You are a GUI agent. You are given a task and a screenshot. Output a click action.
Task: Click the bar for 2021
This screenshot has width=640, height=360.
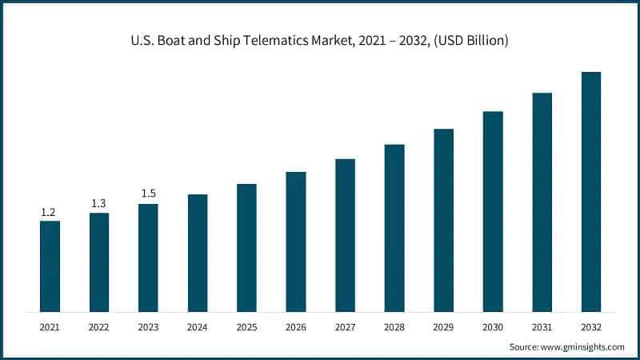pos(50,266)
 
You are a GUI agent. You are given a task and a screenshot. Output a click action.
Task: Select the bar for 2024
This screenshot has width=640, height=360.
pos(198,253)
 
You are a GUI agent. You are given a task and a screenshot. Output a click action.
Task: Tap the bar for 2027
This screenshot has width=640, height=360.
pos(345,235)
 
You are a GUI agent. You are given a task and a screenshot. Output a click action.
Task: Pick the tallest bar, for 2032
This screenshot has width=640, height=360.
pos(591,192)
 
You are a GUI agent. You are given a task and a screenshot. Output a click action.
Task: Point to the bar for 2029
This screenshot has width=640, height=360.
pos(443,220)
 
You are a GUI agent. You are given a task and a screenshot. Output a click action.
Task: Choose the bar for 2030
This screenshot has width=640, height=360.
pos(493,211)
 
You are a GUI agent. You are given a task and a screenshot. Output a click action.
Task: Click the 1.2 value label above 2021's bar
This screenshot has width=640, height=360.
pos(49,213)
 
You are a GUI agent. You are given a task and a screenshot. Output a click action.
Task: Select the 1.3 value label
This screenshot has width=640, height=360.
pos(98,204)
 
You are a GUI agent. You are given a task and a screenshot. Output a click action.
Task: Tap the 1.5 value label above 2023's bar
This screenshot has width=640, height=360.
pos(148,194)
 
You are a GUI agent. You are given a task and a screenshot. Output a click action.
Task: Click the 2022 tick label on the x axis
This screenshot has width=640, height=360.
pos(99,327)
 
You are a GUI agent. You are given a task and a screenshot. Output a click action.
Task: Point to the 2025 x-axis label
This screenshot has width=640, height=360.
pos(246,327)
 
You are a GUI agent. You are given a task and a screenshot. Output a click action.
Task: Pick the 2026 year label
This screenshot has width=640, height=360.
pos(296,327)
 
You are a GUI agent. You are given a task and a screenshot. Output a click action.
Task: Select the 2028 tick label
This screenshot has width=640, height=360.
pos(394,327)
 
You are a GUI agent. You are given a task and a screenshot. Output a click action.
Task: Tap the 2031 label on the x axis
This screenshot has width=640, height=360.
pos(542,327)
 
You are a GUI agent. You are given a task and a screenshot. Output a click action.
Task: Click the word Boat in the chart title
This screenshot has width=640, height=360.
pos(170,41)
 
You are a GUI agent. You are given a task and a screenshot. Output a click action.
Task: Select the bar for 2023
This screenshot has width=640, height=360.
pos(148,258)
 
